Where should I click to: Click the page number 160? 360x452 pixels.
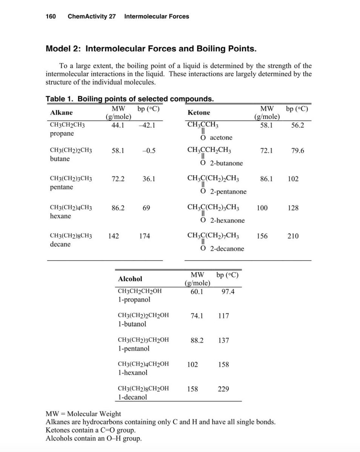point(51,16)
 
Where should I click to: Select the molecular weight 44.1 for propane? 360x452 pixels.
point(118,125)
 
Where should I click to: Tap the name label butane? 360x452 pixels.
point(60,159)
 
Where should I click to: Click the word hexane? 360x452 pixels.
point(60,216)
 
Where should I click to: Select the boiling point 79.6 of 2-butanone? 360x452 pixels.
point(298,151)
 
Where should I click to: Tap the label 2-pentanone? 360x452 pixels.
point(228,192)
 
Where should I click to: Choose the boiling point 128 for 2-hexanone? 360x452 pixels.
point(293,208)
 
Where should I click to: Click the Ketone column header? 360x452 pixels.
point(199,112)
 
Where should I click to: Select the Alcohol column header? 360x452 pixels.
point(130,279)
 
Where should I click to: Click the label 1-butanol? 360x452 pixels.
point(132,324)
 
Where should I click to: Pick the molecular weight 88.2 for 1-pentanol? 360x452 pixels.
point(197,340)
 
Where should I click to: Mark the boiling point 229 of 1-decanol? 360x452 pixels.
point(223,389)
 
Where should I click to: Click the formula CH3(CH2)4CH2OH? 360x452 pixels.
point(143,364)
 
